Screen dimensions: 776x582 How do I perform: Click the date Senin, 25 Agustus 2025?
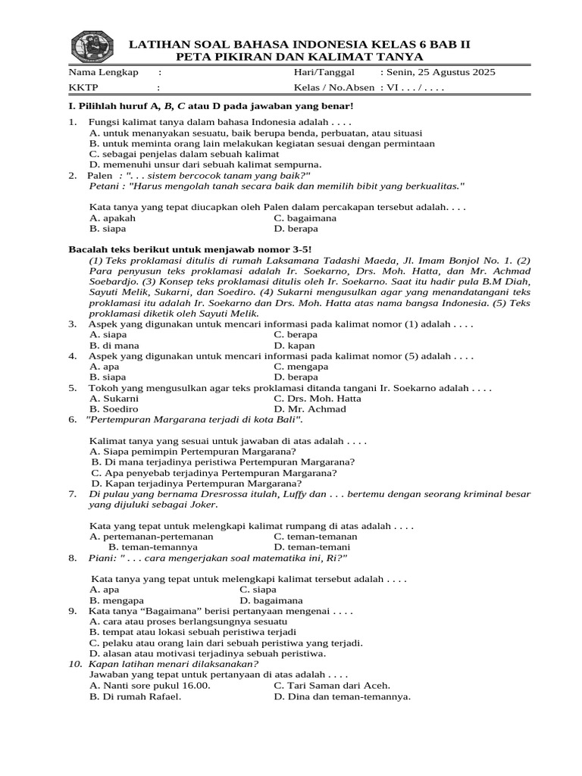[437, 72]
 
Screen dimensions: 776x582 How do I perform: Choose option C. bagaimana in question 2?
[305, 217]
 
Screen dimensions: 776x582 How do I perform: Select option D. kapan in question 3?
[295, 345]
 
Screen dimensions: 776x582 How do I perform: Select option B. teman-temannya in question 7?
[153, 546]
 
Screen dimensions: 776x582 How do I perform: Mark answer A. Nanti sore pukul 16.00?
[150, 685]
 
